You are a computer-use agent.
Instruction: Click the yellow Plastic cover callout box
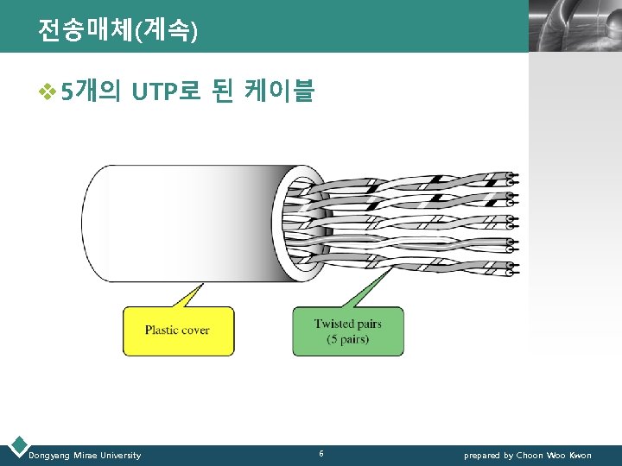[x=178, y=331]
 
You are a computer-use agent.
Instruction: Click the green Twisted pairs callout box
[x=347, y=331]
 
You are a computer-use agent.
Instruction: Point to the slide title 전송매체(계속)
[x=117, y=31]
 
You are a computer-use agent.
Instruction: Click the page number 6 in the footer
[x=321, y=454]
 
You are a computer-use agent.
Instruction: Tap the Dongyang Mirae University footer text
[x=85, y=455]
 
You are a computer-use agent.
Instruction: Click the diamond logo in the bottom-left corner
[x=16, y=445]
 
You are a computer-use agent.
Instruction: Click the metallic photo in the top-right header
[x=574, y=26]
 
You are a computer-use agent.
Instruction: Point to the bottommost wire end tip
[x=512, y=273]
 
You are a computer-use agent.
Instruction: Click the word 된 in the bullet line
[x=222, y=90]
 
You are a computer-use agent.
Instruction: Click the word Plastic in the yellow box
[x=162, y=331]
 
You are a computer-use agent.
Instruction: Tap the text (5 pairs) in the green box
[x=347, y=339]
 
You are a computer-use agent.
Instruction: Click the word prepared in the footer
[x=482, y=455]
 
